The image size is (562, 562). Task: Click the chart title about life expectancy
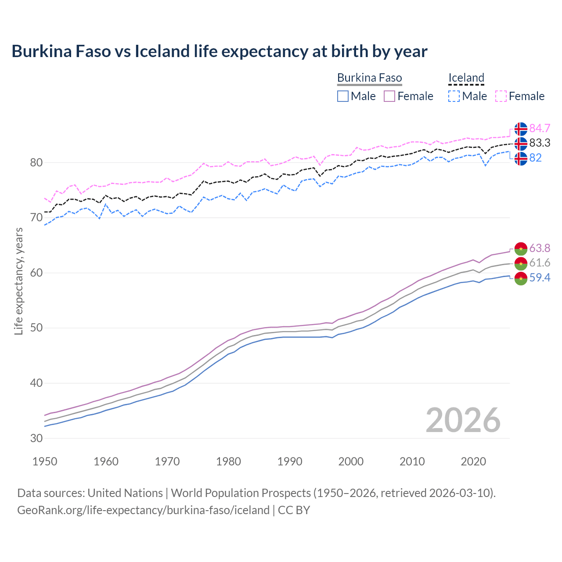(x=219, y=51)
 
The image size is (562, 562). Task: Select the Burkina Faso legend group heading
(x=369, y=78)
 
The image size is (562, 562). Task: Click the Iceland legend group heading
(x=466, y=78)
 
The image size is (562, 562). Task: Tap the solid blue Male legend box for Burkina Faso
(x=343, y=96)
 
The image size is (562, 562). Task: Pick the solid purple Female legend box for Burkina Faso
(x=389, y=96)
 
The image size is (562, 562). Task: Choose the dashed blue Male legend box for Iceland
(x=454, y=96)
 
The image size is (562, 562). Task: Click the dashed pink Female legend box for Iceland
(x=501, y=96)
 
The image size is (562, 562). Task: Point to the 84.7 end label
(x=540, y=128)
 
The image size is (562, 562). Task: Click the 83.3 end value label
(x=540, y=143)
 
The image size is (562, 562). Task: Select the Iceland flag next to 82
(x=521, y=158)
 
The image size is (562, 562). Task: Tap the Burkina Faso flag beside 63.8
(x=521, y=248)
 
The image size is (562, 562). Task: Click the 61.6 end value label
(x=540, y=263)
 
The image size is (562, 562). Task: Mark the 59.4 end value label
(x=540, y=277)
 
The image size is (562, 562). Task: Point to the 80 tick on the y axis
(x=36, y=163)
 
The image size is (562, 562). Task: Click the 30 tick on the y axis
(x=36, y=438)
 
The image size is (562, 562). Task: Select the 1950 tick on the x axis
(x=45, y=461)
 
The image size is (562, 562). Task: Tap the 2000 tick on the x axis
(x=351, y=461)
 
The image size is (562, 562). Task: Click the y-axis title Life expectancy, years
(x=18, y=281)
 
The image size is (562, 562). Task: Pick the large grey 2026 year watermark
(x=463, y=420)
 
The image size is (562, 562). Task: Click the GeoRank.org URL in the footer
(x=143, y=510)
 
